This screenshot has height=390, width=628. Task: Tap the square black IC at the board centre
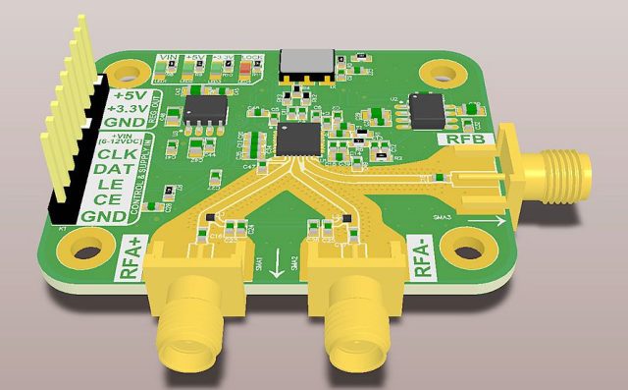click(x=300, y=138)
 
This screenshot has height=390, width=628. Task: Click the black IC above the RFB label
click(x=428, y=109)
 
